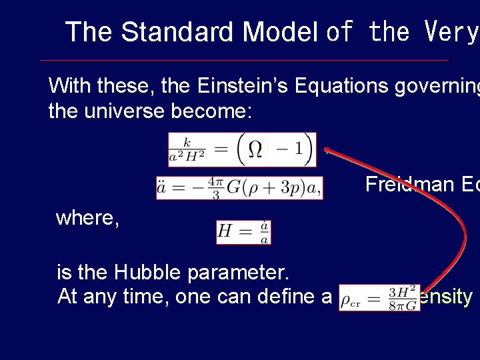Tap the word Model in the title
pos(280,32)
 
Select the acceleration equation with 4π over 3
pos(239,188)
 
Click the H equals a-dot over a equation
pos(243,231)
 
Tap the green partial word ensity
pos(446,297)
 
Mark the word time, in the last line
pos(146,297)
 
